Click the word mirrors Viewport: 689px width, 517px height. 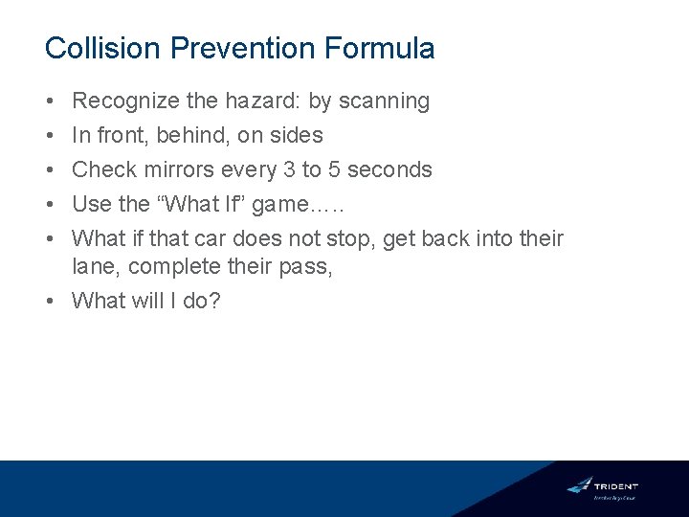pyautogui.click(x=179, y=169)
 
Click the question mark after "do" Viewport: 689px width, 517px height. pyautogui.click(x=215, y=301)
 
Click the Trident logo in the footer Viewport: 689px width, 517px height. pyautogui.click(x=602, y=487)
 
